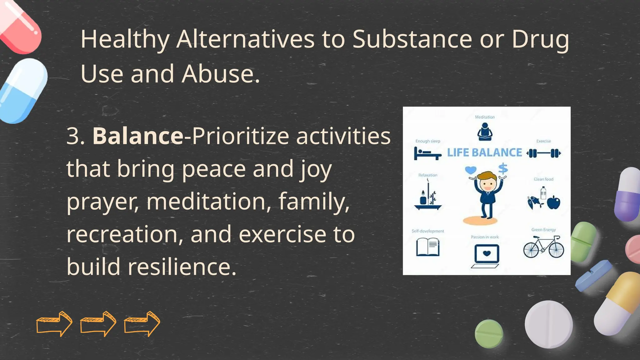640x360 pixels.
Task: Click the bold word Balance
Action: (138, 136)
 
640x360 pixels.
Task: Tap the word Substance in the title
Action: (412, 39)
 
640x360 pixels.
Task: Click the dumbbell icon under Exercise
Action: (543, 153)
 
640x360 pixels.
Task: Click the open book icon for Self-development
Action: (428, 247)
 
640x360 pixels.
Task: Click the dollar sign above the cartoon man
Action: (503, 169)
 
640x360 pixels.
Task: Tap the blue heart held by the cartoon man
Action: (471, 170)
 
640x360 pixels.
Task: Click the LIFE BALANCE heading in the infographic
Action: (484, 152)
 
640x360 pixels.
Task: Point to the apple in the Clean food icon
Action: (554, 202)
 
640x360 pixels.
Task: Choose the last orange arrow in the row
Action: (142, 324)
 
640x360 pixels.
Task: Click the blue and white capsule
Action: (22, 91)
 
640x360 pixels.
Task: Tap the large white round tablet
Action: (548, 324)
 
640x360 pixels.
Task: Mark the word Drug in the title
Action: (540, 39)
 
